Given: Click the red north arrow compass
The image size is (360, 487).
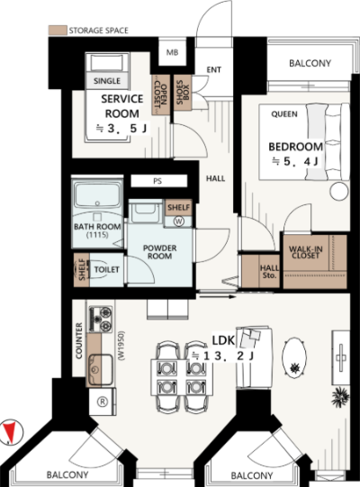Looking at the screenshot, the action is [x=12, y=432].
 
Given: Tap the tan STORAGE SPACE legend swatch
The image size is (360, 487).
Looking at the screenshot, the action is [x=58, y=30].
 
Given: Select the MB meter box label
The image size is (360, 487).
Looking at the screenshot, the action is [x=173, y=52].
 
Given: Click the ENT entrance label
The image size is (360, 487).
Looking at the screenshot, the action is [x=214, y=70].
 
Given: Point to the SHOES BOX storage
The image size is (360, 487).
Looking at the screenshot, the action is [x=183, y=93].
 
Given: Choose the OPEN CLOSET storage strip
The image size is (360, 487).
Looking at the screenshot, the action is [x=161, y=95].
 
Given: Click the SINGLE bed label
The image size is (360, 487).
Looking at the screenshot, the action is [x=107, y=81].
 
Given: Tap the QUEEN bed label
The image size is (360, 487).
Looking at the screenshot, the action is [x=284, y=114].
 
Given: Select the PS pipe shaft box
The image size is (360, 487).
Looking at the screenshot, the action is [x=159, y=181].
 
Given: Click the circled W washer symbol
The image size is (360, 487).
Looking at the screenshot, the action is [x=179, y=221].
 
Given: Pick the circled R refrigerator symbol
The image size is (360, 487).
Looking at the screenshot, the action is [x=103, y=401].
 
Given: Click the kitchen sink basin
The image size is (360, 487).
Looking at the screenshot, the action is [x=100, y=369].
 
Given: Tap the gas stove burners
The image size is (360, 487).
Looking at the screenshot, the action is [x=100, y=319].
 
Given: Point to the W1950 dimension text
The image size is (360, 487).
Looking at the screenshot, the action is [x=121, y=346].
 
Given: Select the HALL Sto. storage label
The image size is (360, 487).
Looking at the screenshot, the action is [x=269, y=272].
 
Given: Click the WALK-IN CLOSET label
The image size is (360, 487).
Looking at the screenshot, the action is [x=306, y=252].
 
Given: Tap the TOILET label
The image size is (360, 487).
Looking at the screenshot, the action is [x=106, y=269].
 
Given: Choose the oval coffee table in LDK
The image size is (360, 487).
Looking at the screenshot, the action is [x=294, y=358].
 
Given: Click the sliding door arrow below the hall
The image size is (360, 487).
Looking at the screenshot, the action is [x=218, y=297].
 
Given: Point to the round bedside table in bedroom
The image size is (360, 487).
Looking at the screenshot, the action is [x=339, y=192].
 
